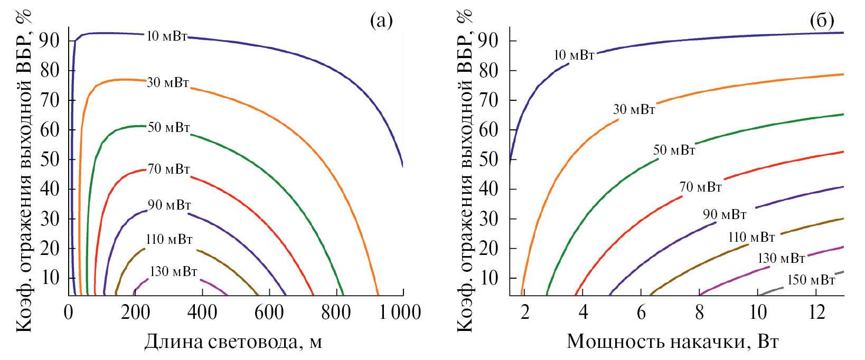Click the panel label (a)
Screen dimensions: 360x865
pyautogui.click(x=381, y=21)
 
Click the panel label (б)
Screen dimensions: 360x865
pyautogui.click(x=822, y=21)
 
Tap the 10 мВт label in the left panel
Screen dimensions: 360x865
pyautogui.click(x=166, y=36)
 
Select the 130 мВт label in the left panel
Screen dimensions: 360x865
pyautogui.click(x=173, y=272)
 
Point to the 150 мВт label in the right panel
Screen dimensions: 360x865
pyautogui.click(x=811, y=280)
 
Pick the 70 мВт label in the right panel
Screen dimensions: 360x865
pyautogui.click(x=700, y=187)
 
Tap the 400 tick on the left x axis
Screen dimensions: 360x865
pyautogui.click(x=202, y=312)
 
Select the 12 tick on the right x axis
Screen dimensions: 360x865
pyautogui.click(x=816, y=312)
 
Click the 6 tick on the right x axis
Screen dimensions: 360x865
pyautogui.click(x=641, y=312)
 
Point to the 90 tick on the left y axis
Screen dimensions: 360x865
pyautogui.click(x=49, y=41)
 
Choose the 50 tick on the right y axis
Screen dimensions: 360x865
pyautogui.click(x=488, y=159)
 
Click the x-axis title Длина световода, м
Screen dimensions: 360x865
pyautogui.click(x=233, y=342)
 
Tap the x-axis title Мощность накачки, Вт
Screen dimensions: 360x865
pyautogui.click(x=672, y=342)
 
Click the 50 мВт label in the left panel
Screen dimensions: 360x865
pyautogui.click(x=168, y=127)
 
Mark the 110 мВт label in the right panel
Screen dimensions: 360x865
pyautogui.click(x=751, y=238)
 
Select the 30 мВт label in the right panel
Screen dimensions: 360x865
pyautogui.click(x=634, y=110)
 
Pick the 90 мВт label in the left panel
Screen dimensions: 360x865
pyautogui.click(x=169, y=205)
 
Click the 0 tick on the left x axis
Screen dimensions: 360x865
pyautogui.click(x=69, y=312)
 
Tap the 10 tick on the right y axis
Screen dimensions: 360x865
pyautogui.click(x=488, y=278)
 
